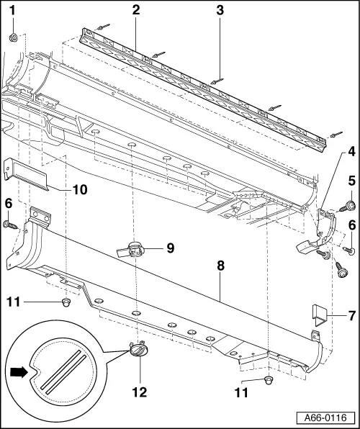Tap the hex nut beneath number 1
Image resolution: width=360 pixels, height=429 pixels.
click(14, 36)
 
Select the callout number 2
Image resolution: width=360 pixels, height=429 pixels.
click(135, 10)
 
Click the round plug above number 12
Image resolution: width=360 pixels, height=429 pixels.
click(138, 349)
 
